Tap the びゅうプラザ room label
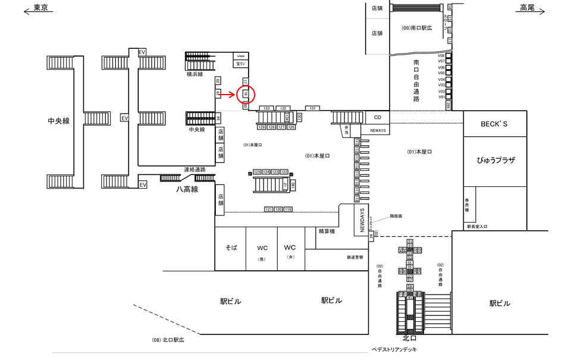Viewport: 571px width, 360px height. point(495,161)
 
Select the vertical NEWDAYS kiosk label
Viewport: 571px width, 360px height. point(362,220)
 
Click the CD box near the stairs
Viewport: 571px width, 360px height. point(377,117)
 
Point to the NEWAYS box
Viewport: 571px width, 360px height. point(377,129)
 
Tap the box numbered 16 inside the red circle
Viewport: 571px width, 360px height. point(245,93)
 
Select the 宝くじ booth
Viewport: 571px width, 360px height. point(241,62)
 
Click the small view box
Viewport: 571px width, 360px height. point(241,55)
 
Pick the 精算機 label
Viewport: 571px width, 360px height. point(327,231)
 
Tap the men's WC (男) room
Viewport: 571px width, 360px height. point(262,249)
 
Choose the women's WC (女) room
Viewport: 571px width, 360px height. point(290,249)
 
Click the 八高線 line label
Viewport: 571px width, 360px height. point(187,189)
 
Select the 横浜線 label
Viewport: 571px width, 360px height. point(194,74)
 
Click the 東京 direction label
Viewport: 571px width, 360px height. point(41,8)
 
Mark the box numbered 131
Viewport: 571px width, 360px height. point(312,108)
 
